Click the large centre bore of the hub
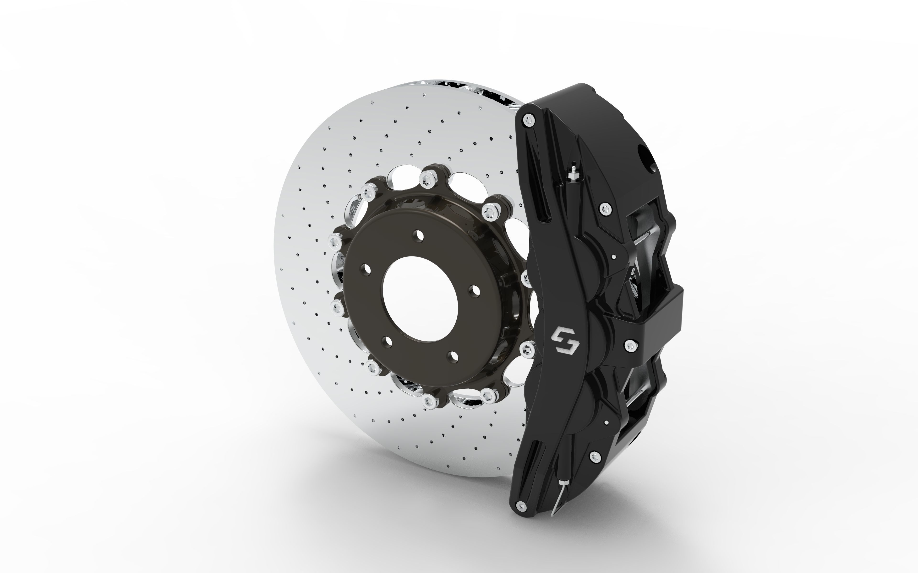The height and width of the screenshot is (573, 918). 420,299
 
